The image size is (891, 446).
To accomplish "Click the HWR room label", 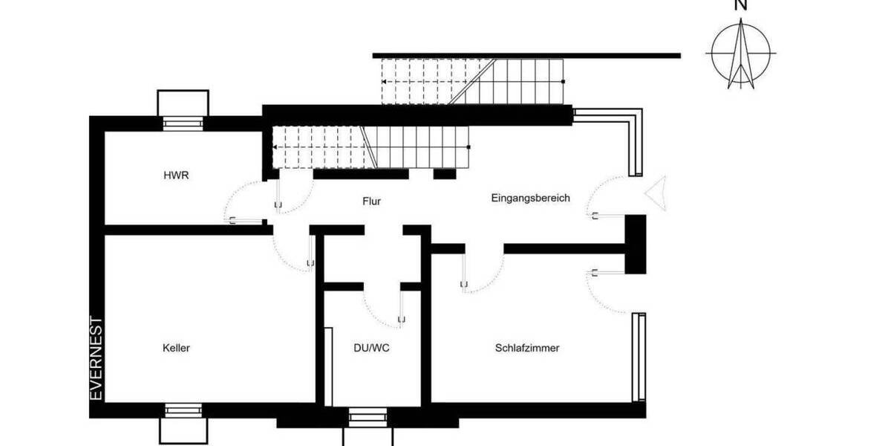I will pyautogui.click(x=177, y=176).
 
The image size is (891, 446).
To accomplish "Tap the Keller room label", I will pyautogui.click(x=176, y=348).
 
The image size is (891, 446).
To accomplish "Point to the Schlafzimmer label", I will pyautogui.click(x=526, y=348).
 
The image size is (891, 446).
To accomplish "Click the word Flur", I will pyautogui.click(x=372, y=201).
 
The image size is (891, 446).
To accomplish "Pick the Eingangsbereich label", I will pyautogui.click(x=530, y=198).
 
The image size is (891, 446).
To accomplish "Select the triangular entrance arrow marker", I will pyautogui.click(x=656, y=193).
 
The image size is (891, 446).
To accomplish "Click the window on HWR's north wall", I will pyautogui.click(x=183, y=123).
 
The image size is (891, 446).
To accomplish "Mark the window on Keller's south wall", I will pyautogui.click(x=183, y=410).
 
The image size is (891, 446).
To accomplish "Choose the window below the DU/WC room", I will pyautogui.click(x=368, y=416).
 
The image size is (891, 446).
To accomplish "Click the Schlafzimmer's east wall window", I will pyautogui.click(x=639, y=357).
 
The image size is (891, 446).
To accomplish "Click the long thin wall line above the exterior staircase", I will pyautogui.click(x=526, y=55).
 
